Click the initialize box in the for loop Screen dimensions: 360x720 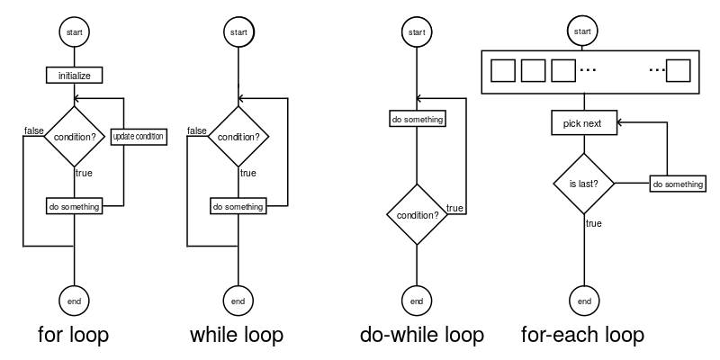(x=74, y=76)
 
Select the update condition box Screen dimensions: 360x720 (x=138, y=138)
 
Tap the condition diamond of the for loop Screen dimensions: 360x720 (x=74, y=138)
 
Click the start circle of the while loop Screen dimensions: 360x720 (x=238, y=32)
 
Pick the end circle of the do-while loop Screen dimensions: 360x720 (x=416, y=301)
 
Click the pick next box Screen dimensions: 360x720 (x=583, y=123)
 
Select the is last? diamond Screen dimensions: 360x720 (x=583, y=184)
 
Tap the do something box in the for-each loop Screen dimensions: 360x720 (x=677, y=184)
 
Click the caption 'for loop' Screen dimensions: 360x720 (x=74, y=337)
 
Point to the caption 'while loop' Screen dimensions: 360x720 (x=237, y=337)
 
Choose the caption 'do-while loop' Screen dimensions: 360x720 (x=421, y=337)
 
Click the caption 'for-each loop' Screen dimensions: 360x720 (x=582, y=337)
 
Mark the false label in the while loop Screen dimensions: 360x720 (x=197, y=131)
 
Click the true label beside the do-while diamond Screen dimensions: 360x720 (x=454, y=209)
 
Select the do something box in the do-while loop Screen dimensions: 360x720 (x=417, y=119)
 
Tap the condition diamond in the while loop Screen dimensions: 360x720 (x=238, y=138)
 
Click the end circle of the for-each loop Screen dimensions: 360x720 (x=583, y=301)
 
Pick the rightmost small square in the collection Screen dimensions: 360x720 (x=678, y=69)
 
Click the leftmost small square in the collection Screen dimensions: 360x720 (x=503, y=69)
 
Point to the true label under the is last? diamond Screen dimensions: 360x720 (x=594, y=223)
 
